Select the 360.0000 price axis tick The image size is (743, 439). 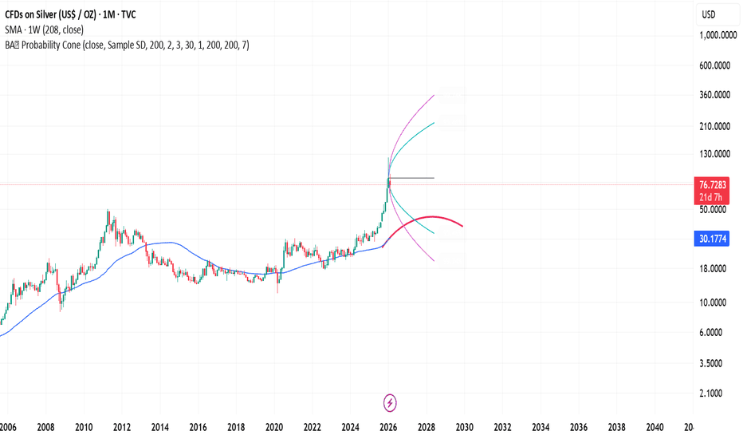(x=715, y=95)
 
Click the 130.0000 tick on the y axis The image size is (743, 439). (x=715, y=154)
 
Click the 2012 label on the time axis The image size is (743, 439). (x=121, y=428)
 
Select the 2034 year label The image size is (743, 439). (x=540, y=428)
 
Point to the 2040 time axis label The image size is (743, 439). (x=654, y=428)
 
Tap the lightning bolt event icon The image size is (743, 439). (x=391, y=401)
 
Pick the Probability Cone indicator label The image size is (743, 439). (x=128, y=45)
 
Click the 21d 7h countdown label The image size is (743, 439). (x=710, y=196)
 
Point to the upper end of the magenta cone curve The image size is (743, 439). (x=434, y=95)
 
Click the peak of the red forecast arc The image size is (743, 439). (x=431, y=216)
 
